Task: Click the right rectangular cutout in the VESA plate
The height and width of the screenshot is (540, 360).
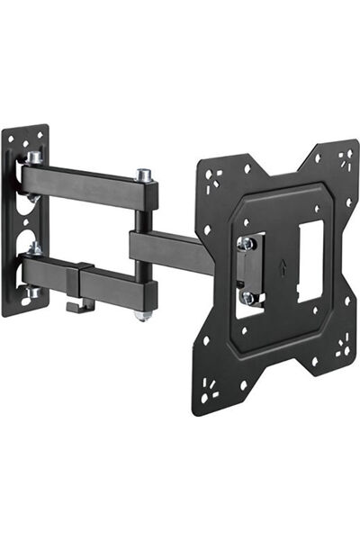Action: [310, 260]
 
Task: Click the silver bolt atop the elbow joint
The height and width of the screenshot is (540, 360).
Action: [143, 174]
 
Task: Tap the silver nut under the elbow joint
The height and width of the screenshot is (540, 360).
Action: [141, 315]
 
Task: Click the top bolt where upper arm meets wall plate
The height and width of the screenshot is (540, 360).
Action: [34, 157]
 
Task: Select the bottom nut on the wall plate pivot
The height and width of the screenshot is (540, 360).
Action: [33, 292]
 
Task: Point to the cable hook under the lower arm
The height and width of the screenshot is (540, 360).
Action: [76, 307]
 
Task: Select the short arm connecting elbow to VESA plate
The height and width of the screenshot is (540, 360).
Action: [171, 250]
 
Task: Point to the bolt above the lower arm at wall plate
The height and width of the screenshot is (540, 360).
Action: [34, 247]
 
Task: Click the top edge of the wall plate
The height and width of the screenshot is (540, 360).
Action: [25, 129]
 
